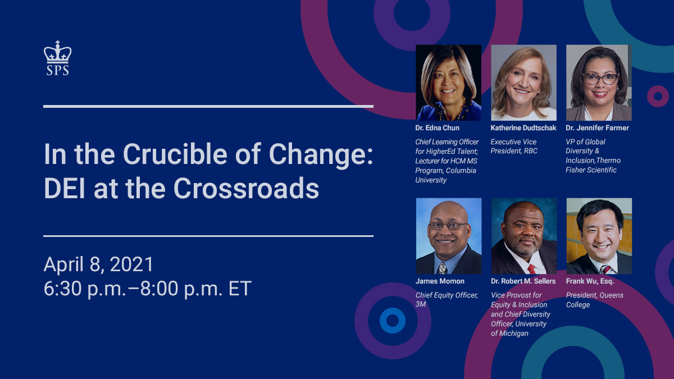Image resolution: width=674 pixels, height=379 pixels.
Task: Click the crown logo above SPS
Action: pos(58,52)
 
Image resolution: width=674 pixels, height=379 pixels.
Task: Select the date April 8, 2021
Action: pos(99,264)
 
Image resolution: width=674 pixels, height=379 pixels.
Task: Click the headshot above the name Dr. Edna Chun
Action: pos(448,83)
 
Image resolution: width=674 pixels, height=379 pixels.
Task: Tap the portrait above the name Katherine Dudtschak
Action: pos(523,83)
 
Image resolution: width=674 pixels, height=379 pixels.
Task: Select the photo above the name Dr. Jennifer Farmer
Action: pos(599,83)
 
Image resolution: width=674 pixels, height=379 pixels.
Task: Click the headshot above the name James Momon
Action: pos(448,236)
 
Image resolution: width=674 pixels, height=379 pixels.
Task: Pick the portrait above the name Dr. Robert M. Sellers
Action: pos(523,236)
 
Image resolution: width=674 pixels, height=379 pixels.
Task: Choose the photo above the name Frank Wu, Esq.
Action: pos(599,236)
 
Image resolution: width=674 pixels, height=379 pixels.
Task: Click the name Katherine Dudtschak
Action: pos(523,128)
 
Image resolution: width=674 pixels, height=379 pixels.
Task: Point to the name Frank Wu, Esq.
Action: pos(590,281)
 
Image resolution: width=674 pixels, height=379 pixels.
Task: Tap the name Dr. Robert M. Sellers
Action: pos(523,281)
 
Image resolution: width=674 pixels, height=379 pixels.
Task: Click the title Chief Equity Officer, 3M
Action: pos(447,300)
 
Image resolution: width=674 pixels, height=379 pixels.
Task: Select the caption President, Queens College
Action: pos(594,300)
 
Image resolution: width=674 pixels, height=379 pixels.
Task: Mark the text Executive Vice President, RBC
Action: pos(514,147)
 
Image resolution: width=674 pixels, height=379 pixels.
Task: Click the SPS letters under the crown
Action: pos(58,70)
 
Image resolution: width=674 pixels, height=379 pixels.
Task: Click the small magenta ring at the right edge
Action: pos(657,96)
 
